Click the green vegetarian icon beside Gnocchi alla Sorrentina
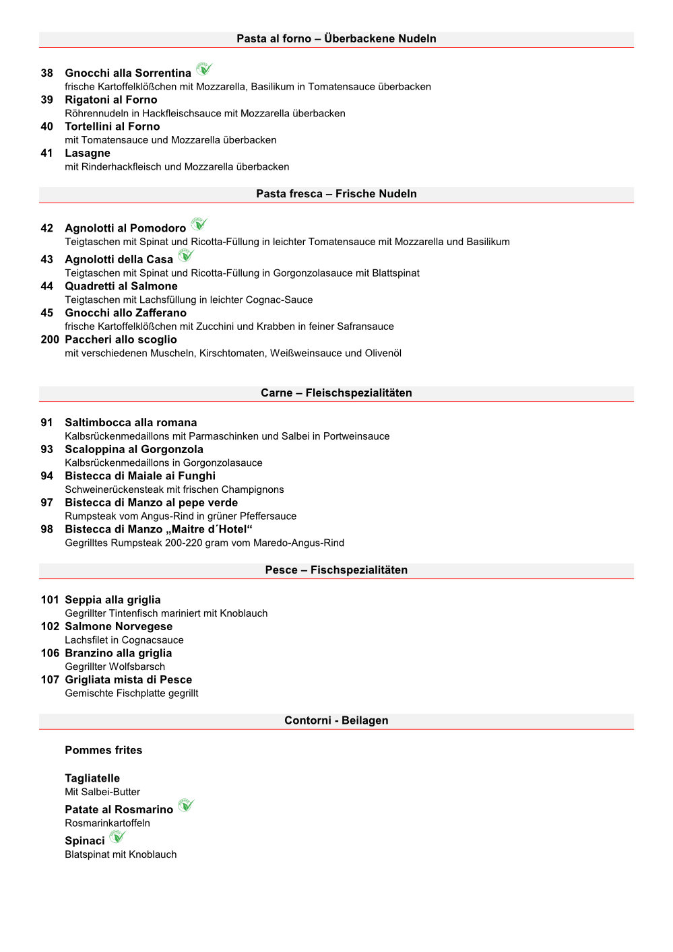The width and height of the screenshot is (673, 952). click(204, 69)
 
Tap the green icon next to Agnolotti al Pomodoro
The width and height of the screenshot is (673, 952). click(199, 224)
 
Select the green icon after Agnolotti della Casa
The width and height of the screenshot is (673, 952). click(186, 256)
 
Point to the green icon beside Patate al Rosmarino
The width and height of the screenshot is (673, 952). click(186, 805)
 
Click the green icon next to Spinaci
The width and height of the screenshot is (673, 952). click(118, 837)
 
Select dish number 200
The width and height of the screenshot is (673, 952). click(50, 340)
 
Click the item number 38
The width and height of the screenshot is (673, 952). click(46, 73)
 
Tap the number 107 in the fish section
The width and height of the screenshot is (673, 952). click(50, 680)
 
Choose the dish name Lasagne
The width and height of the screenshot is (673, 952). click(88, 154)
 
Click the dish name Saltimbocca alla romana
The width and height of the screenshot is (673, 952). click(131, 423)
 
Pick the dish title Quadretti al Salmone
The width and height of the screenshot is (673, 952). click(121, 286)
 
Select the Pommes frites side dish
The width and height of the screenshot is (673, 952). click(104, 750)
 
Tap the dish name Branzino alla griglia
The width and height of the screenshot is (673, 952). click(119, 653)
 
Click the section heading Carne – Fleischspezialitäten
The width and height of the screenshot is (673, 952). click(336, 393)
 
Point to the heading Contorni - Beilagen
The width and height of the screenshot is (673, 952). click(336, 720)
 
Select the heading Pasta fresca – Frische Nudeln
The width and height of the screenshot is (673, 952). click(336, 194)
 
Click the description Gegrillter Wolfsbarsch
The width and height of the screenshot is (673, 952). click(115, 667)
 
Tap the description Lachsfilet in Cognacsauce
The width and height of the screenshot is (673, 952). click(124, 640)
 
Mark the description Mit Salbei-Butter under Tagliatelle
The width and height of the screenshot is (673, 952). click(102, 792)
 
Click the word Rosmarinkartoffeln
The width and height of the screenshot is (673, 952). click(108, 823)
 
